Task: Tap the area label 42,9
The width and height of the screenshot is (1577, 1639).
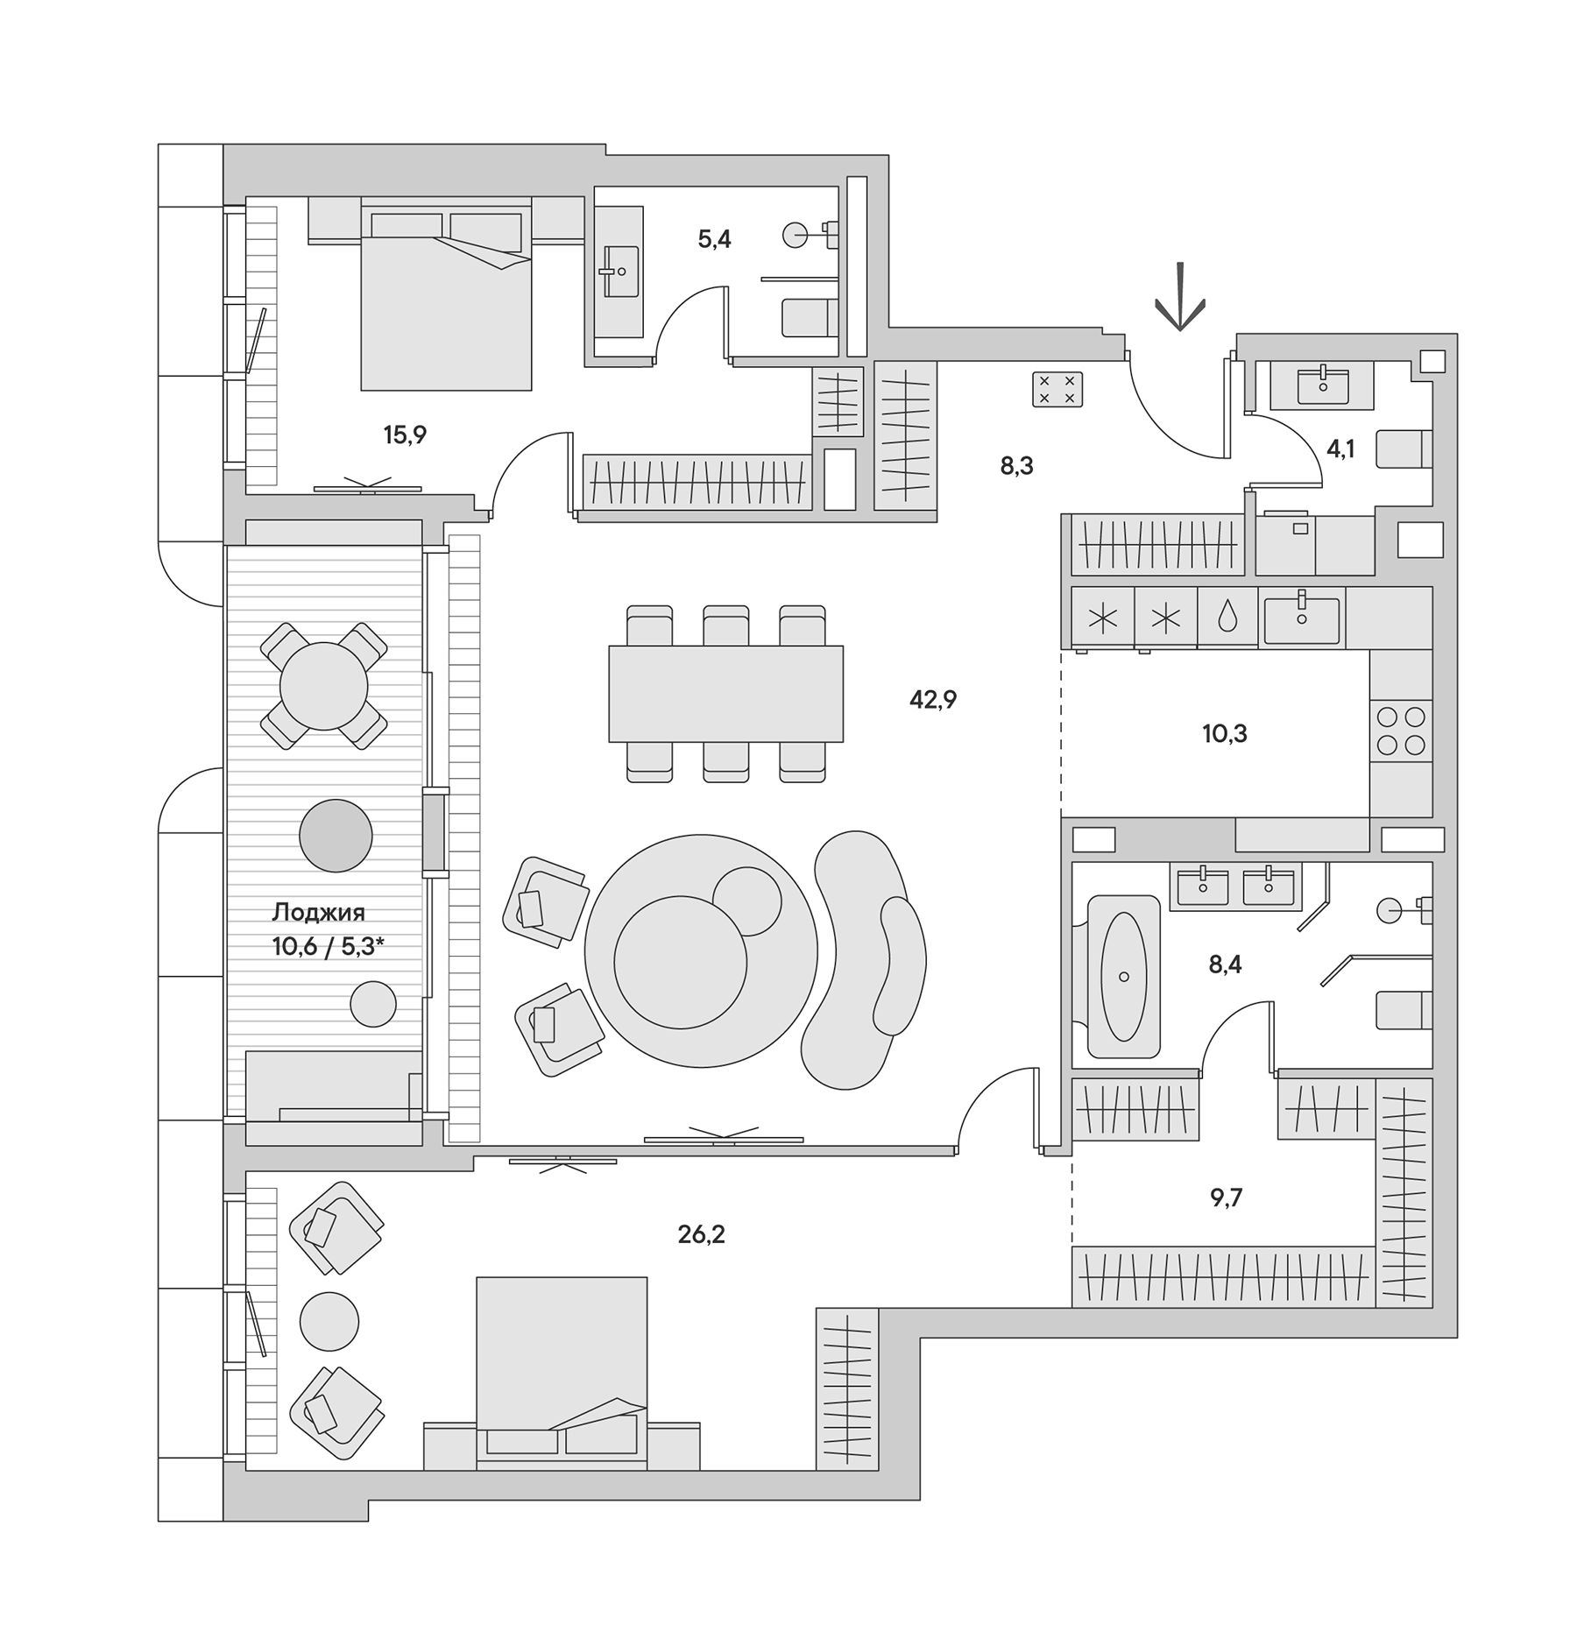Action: pos(932,699)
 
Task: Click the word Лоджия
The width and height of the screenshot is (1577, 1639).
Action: pos(318,913)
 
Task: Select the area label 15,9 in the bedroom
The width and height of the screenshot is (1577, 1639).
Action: pos(405,434)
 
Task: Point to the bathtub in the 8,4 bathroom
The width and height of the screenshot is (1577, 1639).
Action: pos(1123,976)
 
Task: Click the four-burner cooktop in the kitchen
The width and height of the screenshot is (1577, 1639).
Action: pos(1401,731)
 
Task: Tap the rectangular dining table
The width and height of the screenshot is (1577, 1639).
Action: pos(725,693)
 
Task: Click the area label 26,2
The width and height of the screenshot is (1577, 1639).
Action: pos(701,1234)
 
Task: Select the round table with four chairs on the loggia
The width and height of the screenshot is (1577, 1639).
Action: pos(323,686)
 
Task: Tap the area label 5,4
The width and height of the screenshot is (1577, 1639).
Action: pos(714,239)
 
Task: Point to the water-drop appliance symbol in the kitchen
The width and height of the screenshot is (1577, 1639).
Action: pos(1227,617)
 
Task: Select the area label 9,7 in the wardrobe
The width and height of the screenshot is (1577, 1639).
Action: pos(1226,1197)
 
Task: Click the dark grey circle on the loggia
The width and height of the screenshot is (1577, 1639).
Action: pos(336,836)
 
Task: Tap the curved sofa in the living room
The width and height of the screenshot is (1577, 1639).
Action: pos(863,959)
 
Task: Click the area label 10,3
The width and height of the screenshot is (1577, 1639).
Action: pos(1225,734)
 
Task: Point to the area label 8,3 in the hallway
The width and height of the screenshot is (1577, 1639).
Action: pos(1016,466)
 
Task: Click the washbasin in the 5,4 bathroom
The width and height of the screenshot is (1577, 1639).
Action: pos(620,272)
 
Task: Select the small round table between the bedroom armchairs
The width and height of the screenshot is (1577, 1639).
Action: pos(329,1321)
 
